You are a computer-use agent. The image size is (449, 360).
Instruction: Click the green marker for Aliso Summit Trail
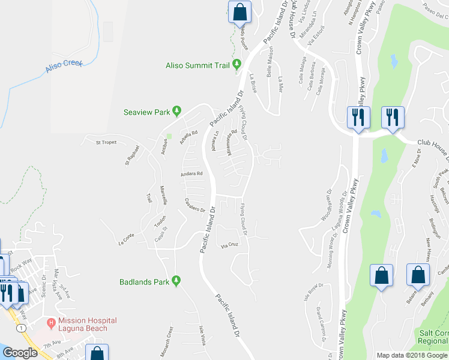coord(237,64)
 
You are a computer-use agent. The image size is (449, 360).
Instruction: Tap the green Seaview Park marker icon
coord(176,111)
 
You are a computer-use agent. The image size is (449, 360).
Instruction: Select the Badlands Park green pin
coord(176,280)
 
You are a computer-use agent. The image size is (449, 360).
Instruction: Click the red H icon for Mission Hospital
coord(52,323)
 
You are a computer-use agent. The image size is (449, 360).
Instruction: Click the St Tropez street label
coord(106,142)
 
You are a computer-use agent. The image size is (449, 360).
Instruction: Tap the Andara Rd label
coord(192,174)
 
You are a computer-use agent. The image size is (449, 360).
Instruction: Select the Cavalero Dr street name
coord(195,206)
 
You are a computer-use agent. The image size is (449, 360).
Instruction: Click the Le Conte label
coord(128,239)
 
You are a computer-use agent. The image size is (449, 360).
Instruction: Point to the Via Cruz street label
coord(230,245)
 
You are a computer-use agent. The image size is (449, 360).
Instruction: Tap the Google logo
coord(20,353)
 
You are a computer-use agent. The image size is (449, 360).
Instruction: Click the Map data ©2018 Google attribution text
coord(412,355)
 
